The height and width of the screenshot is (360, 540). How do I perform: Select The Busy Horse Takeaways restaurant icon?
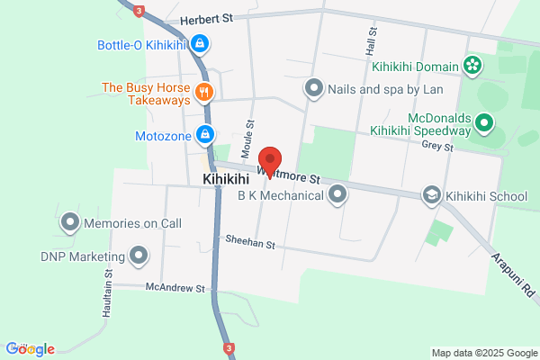tap(205, 91)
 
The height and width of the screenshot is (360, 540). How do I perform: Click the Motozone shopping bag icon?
tap(205, 134)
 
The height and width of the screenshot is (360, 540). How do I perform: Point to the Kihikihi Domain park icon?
tap(472, 65)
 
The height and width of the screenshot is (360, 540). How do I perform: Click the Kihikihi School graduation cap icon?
tap(433, 195)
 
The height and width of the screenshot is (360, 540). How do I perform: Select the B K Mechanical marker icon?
tap(337, 194)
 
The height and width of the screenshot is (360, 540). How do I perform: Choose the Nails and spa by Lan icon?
tap(313, 87)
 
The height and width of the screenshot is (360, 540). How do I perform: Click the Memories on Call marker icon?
tap(70, 221)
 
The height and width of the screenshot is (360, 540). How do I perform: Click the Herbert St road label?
tap(206, 18)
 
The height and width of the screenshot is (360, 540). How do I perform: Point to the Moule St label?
tap(250, 135)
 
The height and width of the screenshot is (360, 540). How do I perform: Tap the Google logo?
tap(30, 349)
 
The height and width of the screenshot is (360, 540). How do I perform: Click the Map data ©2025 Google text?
tap(482, 351)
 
